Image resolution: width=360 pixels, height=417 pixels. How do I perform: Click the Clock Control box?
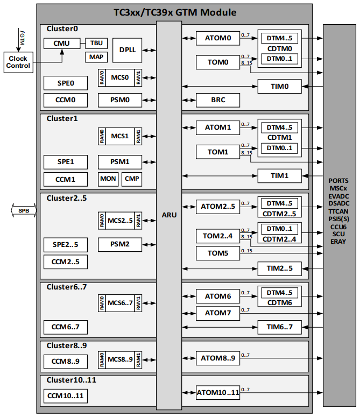(18, 62)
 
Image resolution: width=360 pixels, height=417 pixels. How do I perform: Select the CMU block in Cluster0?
(62, 43)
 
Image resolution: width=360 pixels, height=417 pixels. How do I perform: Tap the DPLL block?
(128, 50)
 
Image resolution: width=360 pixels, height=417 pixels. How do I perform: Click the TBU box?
(96, 43)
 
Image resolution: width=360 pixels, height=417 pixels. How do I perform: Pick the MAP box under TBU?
(96, 56)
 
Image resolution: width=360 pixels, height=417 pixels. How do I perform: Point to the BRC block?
(218, 100)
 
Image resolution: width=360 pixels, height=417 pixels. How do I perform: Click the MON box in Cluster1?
(108, 179)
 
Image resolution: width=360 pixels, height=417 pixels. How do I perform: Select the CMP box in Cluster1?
(131, 179)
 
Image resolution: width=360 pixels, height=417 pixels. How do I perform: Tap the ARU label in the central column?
(169, 215)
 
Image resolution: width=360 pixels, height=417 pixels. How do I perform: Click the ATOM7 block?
(218, 313)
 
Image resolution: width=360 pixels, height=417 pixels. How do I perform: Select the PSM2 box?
(120, 244)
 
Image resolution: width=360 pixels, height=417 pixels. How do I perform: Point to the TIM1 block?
(279, 175)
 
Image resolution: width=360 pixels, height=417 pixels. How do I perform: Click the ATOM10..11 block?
(218, 392)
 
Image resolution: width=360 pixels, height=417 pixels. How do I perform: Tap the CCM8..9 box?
(65, 361)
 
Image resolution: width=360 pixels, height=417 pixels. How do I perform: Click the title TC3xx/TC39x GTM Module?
(174, 12)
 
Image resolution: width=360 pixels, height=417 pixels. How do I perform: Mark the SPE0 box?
(65, 83)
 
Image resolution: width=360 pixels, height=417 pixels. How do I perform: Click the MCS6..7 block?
(120, 303)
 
